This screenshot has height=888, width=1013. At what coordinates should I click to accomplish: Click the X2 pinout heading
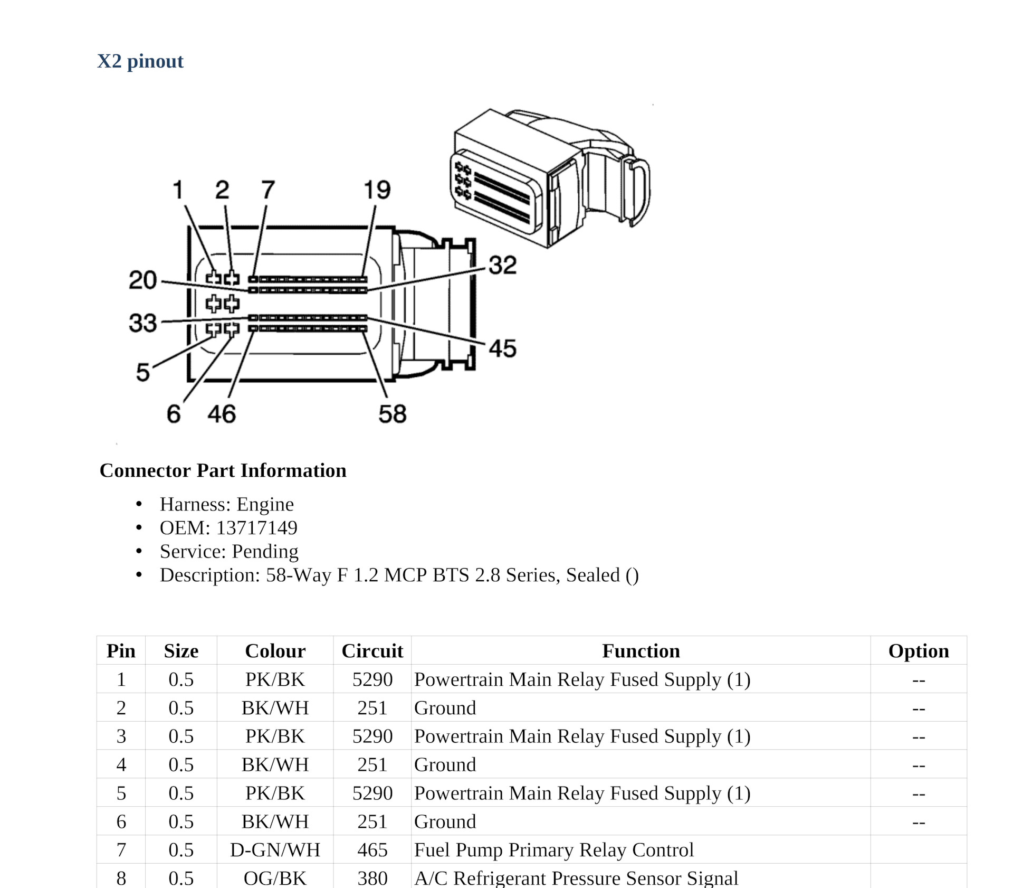tap(140, 61)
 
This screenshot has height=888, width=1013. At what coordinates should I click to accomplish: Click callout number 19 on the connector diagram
tap(377, 190)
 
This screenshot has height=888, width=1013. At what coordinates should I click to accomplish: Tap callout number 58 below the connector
tap(392, 414)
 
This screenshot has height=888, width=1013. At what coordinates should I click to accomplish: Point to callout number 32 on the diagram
tap(502, 265)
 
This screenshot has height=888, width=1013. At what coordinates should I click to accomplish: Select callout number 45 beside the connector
tap(502, 348)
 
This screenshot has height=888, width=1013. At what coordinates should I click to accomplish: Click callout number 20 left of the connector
tap(142, 280)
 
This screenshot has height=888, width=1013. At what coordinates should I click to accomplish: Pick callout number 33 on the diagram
tap(142, 323)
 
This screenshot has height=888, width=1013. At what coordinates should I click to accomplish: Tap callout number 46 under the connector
tap(221, 414)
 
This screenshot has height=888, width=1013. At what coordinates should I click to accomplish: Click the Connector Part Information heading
tap(223, 470)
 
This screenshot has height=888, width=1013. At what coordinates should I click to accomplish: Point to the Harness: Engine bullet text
tap(227, 504)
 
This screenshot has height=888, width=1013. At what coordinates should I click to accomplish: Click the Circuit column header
tap(372, 651)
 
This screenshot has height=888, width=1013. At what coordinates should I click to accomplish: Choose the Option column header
tap(918, 651)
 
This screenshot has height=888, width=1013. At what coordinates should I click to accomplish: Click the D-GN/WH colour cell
tap(275, 850)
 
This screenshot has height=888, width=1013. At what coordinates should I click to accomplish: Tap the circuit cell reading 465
tap(372, 850)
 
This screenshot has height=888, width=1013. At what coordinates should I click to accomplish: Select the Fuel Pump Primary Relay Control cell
tap(554, 850)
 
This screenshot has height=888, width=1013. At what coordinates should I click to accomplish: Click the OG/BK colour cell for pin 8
tap(275, 877)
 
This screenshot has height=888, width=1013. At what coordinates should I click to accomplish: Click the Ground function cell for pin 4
tap(445, 764)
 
